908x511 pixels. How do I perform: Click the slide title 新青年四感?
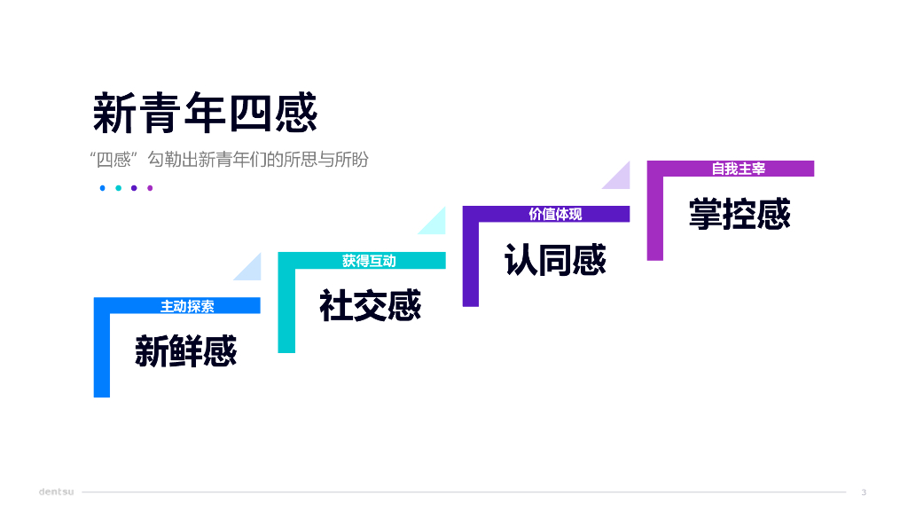[205, 113]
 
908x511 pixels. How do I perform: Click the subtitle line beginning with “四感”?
[229, 160]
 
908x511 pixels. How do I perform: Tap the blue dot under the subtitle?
[103, 188]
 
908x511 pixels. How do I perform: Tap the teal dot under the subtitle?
[119, 188]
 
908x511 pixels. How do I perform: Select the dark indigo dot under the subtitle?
[134, 188]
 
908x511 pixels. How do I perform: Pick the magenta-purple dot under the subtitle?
[150, 188]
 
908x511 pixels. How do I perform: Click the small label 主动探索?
[187, 306]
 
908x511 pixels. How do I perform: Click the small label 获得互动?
[369, 261]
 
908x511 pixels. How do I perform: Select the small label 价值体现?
[555, 215]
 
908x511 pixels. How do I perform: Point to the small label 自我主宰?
[739, 169]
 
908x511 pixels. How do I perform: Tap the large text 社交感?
[370, 305]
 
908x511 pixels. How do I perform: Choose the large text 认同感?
[555, 260]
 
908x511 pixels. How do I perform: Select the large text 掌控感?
[740, 214]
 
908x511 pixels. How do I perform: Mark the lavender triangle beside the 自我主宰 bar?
[620, 177]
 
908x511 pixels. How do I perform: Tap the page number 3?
[864, 492]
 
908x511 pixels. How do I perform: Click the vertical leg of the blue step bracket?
[102, 355]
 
